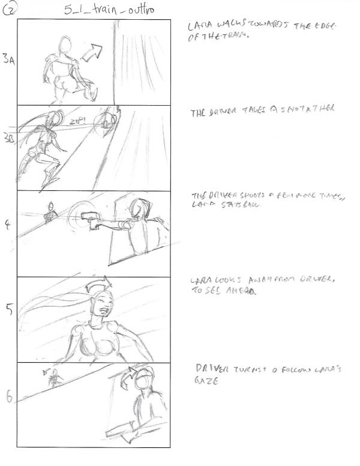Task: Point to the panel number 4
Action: click(7, 226)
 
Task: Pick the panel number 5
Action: click(8, 310)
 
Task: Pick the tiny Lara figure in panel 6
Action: click(53, 377)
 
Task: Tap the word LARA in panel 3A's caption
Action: click(197, 28)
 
